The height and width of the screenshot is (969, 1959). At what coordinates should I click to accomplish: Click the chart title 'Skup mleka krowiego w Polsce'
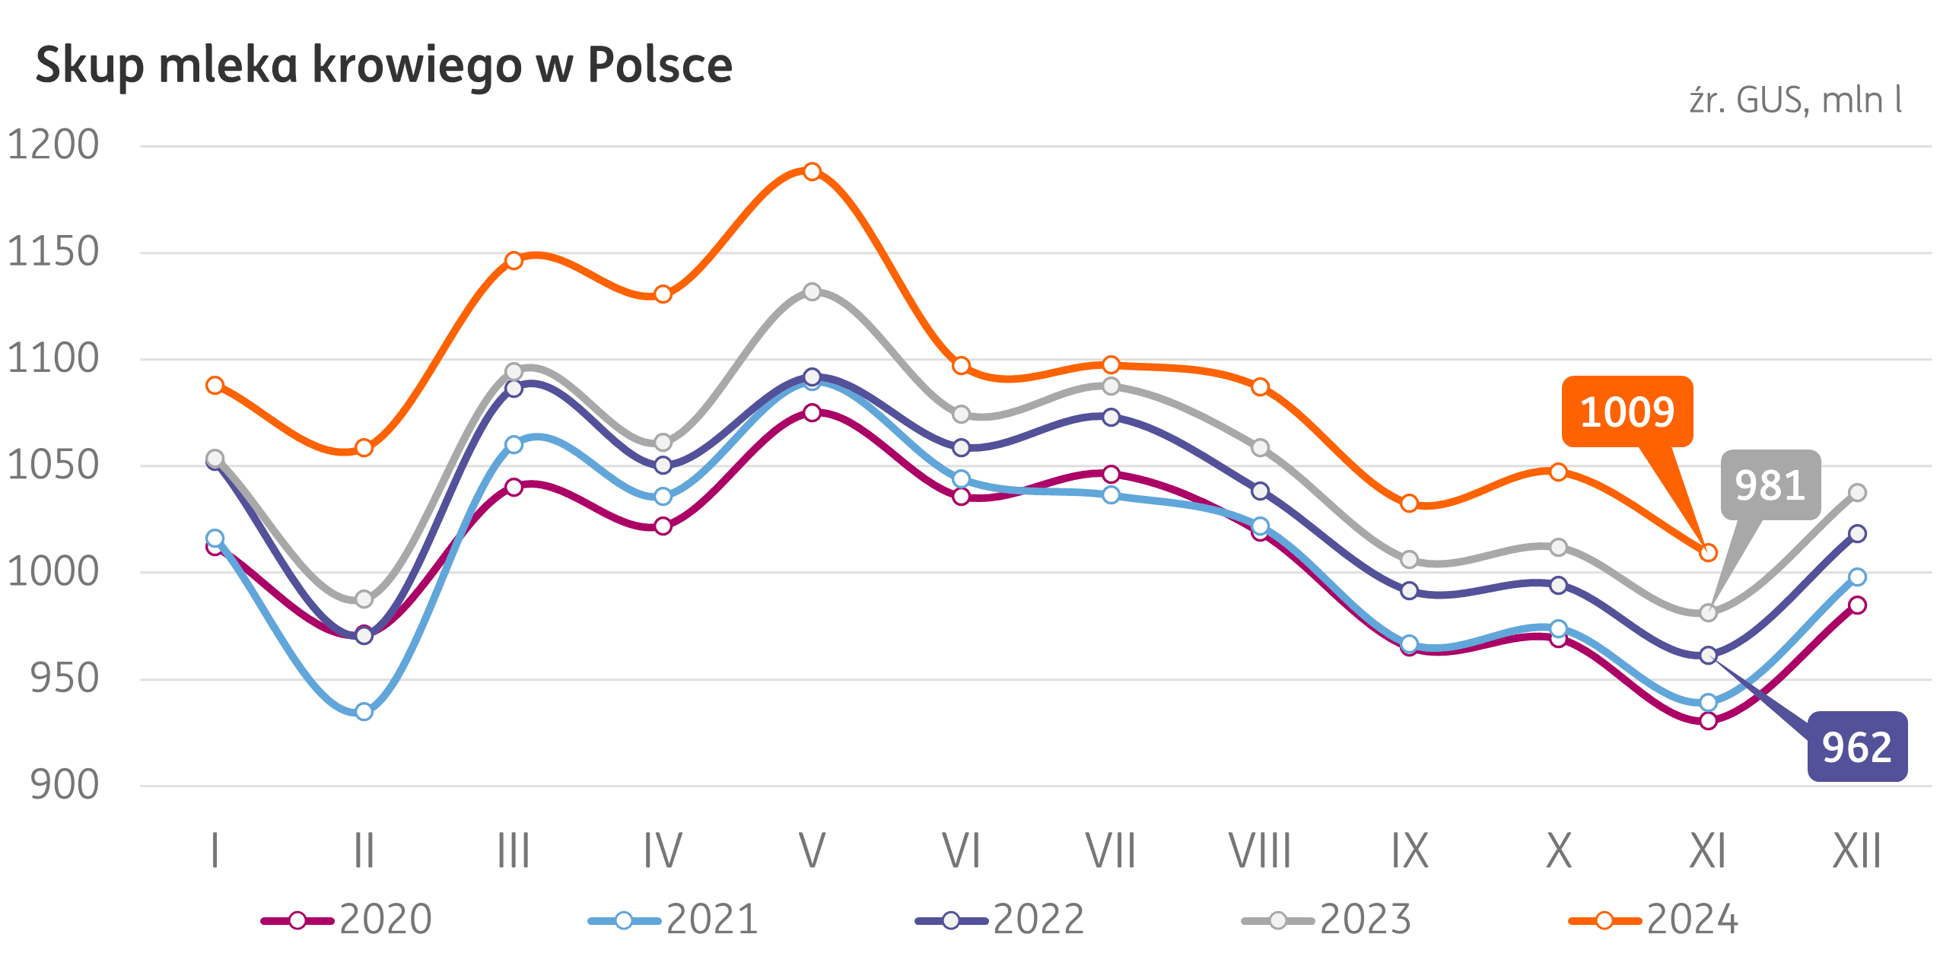point(383,65)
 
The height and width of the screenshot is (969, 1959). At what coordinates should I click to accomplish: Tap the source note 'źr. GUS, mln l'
point(1795,100)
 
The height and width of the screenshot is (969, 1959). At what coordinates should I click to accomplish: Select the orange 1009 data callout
point(1627,411)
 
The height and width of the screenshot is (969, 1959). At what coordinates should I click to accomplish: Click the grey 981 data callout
point(1770,485)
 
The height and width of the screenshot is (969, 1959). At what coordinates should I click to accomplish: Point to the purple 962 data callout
point(1856,747)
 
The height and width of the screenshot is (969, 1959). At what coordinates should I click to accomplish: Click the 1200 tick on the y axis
point(53,145)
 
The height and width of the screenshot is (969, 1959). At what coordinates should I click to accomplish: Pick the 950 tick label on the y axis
point(64,678)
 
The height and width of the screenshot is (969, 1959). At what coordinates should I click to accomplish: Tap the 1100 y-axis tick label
point(53,358)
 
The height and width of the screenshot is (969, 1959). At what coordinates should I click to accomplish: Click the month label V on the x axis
point(812,850)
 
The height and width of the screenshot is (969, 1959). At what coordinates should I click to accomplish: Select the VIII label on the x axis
point(1260,850)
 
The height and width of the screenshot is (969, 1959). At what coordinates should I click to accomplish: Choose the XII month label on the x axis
point(1856,850)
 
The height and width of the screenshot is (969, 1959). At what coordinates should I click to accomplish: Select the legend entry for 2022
point(1001,920)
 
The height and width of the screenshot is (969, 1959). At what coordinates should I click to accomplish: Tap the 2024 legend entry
point(1655,920)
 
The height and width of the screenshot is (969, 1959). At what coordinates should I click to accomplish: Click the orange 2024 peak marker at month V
point(812,171)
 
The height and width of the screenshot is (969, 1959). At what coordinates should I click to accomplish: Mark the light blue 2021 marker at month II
point(364,712)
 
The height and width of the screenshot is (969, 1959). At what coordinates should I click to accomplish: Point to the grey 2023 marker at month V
point(812,291)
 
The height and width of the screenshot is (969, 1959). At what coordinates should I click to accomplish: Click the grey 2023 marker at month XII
point(1857,492)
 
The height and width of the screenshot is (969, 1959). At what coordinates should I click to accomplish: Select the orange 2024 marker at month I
point(215,385)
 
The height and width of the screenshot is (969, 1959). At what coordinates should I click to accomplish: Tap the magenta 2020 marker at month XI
point(1708,720)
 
